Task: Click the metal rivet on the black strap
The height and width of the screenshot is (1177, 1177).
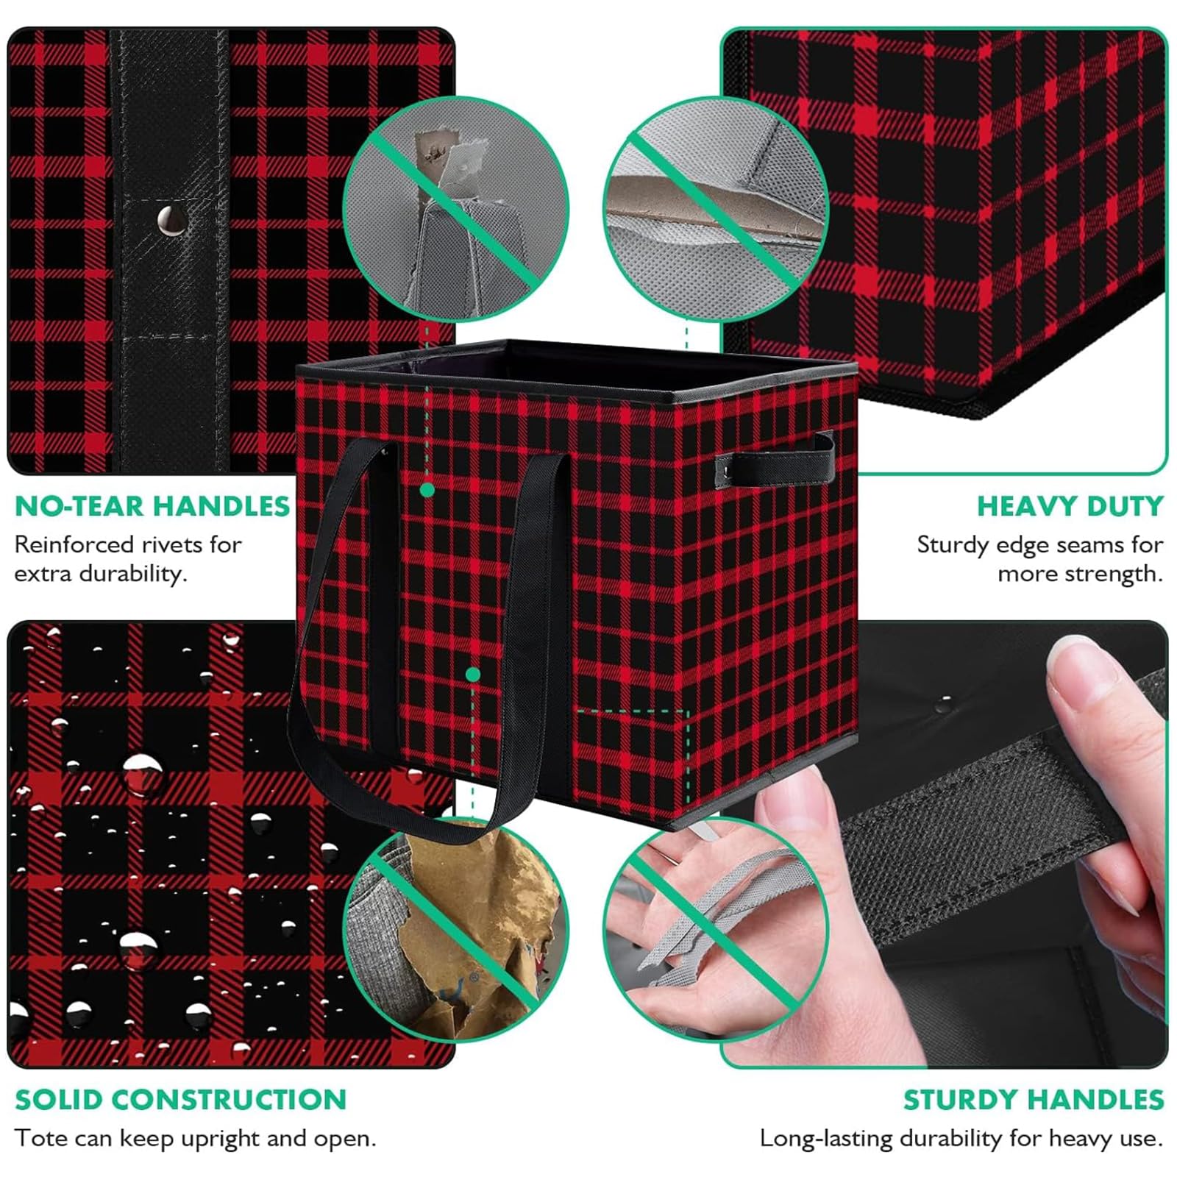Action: pyautogui.click(x=172, y=220)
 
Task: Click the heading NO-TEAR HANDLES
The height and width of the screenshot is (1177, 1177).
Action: pyautogui.click(x=152, y=506)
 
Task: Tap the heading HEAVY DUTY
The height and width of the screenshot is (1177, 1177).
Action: pyautogui.click(x=1070, y=506)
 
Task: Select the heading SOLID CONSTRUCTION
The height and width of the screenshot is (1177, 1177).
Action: pyautogui.click(x=180, y=1100)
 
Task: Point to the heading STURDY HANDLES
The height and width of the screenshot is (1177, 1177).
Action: pyautogui.click(x=1033, y=1100)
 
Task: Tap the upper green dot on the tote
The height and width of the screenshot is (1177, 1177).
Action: pyautogui.click(x=427, y=489)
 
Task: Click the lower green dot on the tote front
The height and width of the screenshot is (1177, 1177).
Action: pyautogui.click(x=473, y=675)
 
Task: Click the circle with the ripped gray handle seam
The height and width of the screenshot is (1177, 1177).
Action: pyautogui.click(x=457, y=209)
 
